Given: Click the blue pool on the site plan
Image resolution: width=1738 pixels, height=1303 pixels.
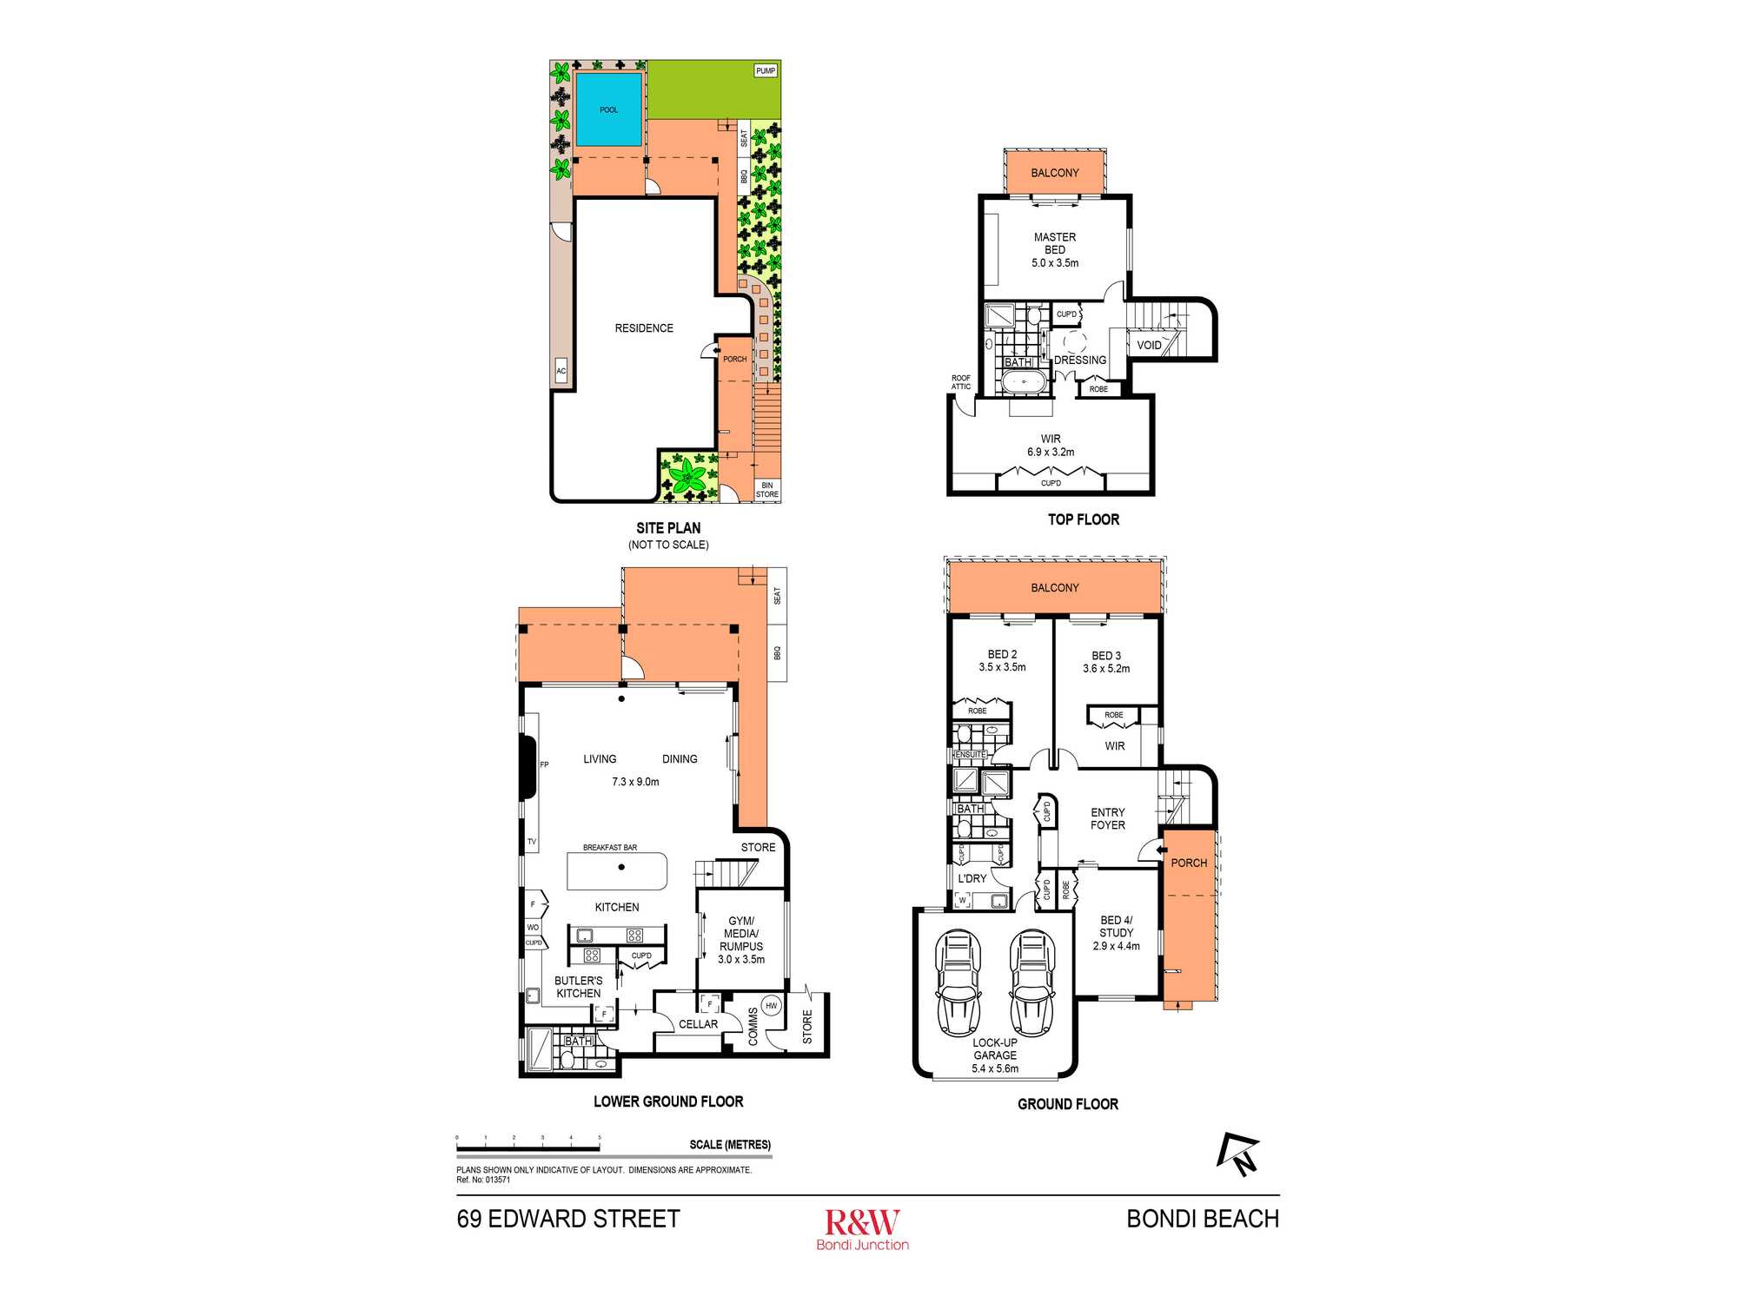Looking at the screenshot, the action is (609, 109).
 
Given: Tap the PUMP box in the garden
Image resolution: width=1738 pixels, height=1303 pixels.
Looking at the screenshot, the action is (766, 71).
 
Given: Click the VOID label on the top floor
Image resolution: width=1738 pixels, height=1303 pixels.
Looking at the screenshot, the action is (1149, 345).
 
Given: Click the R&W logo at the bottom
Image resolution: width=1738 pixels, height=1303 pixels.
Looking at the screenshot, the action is (863, 1229).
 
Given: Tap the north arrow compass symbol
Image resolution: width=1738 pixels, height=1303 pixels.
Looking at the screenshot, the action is (1237, 1154).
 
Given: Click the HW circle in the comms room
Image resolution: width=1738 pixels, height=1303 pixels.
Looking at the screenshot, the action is (771, 1006).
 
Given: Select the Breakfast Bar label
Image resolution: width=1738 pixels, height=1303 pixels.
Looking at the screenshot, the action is (610, 847).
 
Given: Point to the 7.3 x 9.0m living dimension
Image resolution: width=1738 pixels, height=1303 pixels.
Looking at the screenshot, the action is (635, 782).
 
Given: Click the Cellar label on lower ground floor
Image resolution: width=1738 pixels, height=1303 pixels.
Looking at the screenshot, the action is (699, 1024).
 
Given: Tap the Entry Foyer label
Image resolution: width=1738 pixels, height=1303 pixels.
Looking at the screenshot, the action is (1108, 819).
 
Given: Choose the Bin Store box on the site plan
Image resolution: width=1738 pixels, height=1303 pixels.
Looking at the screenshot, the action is (767, 490).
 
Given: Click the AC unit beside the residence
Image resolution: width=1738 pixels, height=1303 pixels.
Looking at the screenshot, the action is (561, 371).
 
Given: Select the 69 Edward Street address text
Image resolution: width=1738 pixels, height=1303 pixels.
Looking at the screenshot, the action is (568, 1219).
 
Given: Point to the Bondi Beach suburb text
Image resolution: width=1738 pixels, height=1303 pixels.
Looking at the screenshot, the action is (1203, 1219).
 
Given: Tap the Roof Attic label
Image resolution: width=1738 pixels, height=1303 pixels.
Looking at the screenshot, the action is (961, 382).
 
